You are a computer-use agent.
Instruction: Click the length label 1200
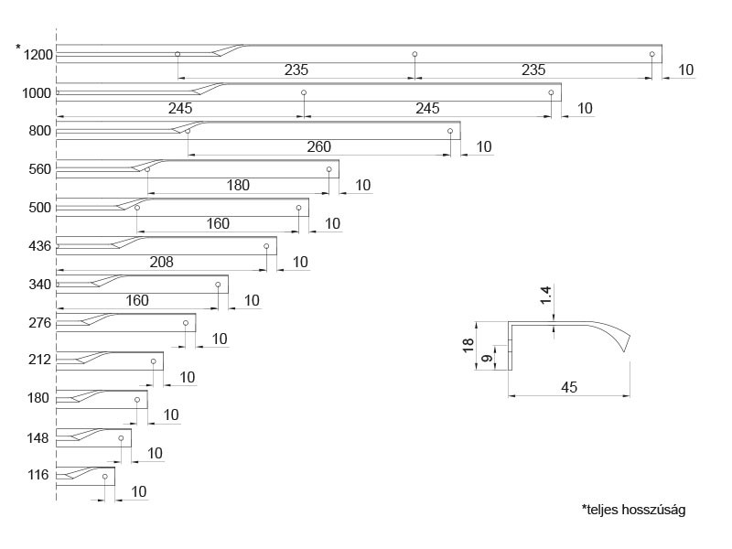click(38, 55)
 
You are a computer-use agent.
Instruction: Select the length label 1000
click(38, 92)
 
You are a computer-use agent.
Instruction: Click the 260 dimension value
click(318, 146)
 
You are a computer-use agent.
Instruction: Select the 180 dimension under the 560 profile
click(238, 185)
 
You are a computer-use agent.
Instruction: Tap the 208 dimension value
click(160, 262)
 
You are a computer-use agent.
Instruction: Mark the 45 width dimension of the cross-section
click(568, 387)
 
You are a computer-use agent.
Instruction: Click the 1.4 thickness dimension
click(546, 296)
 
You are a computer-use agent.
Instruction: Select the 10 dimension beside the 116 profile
click(138, 491)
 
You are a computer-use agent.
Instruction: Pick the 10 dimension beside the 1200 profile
click(686, 70)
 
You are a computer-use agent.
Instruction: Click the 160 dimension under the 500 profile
click(218, 223)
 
